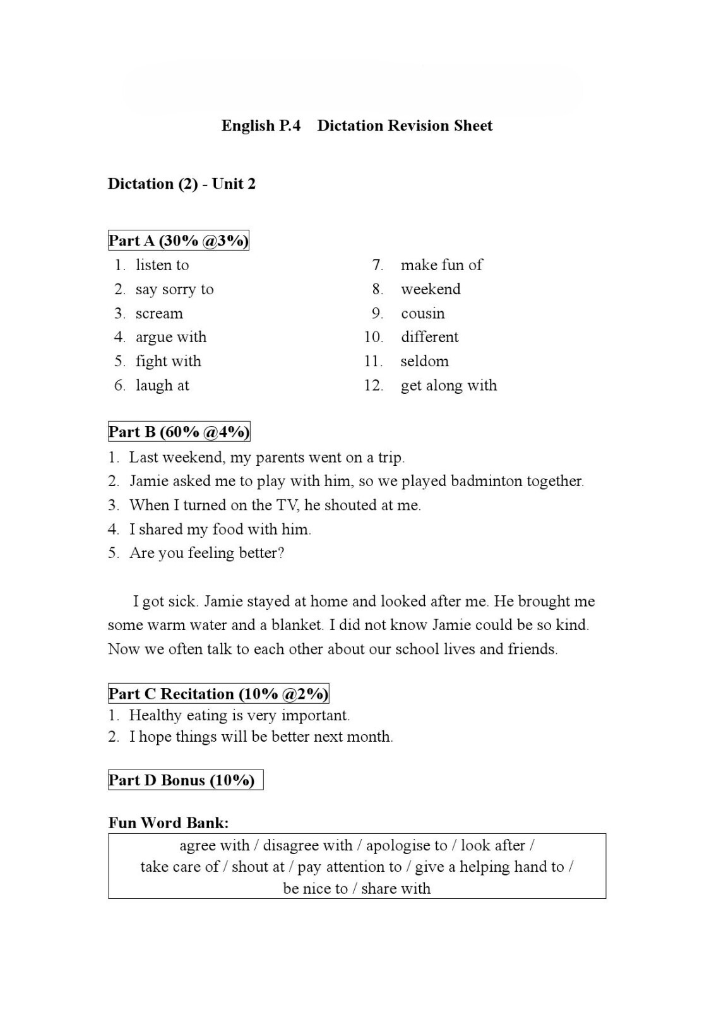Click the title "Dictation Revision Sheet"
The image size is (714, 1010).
[x=404, y=126]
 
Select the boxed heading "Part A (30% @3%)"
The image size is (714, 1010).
[x=179, y=241]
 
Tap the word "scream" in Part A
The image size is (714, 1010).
[x=159, y=314]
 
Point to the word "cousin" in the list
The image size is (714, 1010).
[x=422, y=314]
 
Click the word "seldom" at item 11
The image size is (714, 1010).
[x=424, y=362]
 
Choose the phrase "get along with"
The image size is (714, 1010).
[x=448, y=386]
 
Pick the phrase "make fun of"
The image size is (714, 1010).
[x=441, y=265]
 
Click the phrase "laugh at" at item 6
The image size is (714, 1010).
[x=162, y=386]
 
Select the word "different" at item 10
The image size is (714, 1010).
[x=429, y=337]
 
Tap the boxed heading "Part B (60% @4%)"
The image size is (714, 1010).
[x=179, y=432]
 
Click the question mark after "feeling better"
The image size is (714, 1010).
[x=281, y=553]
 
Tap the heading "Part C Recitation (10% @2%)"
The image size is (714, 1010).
[x=218, y=694]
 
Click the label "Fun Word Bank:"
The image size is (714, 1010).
[x=169, y=823]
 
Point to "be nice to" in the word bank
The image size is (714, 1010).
[x=315, y=889]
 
